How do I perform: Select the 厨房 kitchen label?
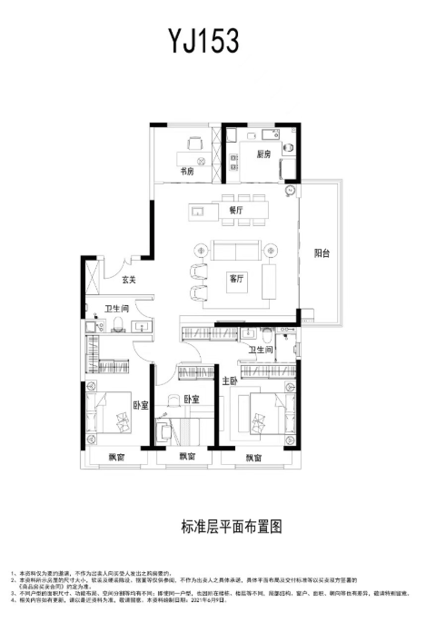click(263, 153)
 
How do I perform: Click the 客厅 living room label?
click(238, 278)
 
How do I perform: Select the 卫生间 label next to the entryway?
click(116, 309)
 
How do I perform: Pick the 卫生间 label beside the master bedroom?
click(262, 349)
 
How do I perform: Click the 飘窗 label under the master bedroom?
click(256, 457)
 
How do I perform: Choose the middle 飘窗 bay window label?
click(187, 456)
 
